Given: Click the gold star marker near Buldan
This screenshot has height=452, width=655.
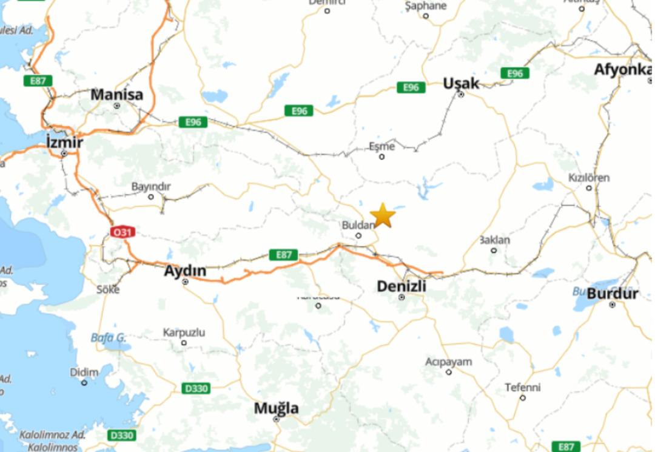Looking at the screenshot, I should (382, 215).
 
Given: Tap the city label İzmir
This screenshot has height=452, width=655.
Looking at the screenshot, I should (64, 143).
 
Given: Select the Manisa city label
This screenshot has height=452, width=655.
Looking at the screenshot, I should (116, 95).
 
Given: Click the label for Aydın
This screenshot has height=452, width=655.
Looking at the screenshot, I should (185, 271).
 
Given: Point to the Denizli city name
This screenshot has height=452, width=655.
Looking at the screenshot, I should (401, 286).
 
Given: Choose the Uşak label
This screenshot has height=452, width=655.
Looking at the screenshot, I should (461, 84).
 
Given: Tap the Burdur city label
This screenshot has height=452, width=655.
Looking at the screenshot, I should (613, 294).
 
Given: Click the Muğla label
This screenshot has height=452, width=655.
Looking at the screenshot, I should (276, 408).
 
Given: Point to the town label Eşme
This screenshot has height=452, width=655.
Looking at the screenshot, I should (381, 146).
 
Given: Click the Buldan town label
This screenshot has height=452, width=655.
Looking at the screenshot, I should (356, 224).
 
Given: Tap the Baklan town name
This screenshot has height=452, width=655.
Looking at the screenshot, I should (494, 240).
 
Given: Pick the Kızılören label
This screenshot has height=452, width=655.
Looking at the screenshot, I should (588, 178).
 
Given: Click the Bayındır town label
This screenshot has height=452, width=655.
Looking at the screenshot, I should (151, 186).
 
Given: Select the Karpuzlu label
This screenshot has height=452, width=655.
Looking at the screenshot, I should (184, 332).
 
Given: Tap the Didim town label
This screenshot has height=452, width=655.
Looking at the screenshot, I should (84, 372).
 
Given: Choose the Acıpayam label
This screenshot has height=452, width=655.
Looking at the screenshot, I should (448, 362).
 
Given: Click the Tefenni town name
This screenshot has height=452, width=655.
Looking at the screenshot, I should (522, 387).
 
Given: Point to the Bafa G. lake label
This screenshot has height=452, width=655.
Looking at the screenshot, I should (109, 337).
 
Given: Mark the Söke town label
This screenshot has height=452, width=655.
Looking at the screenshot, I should (108, 289).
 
